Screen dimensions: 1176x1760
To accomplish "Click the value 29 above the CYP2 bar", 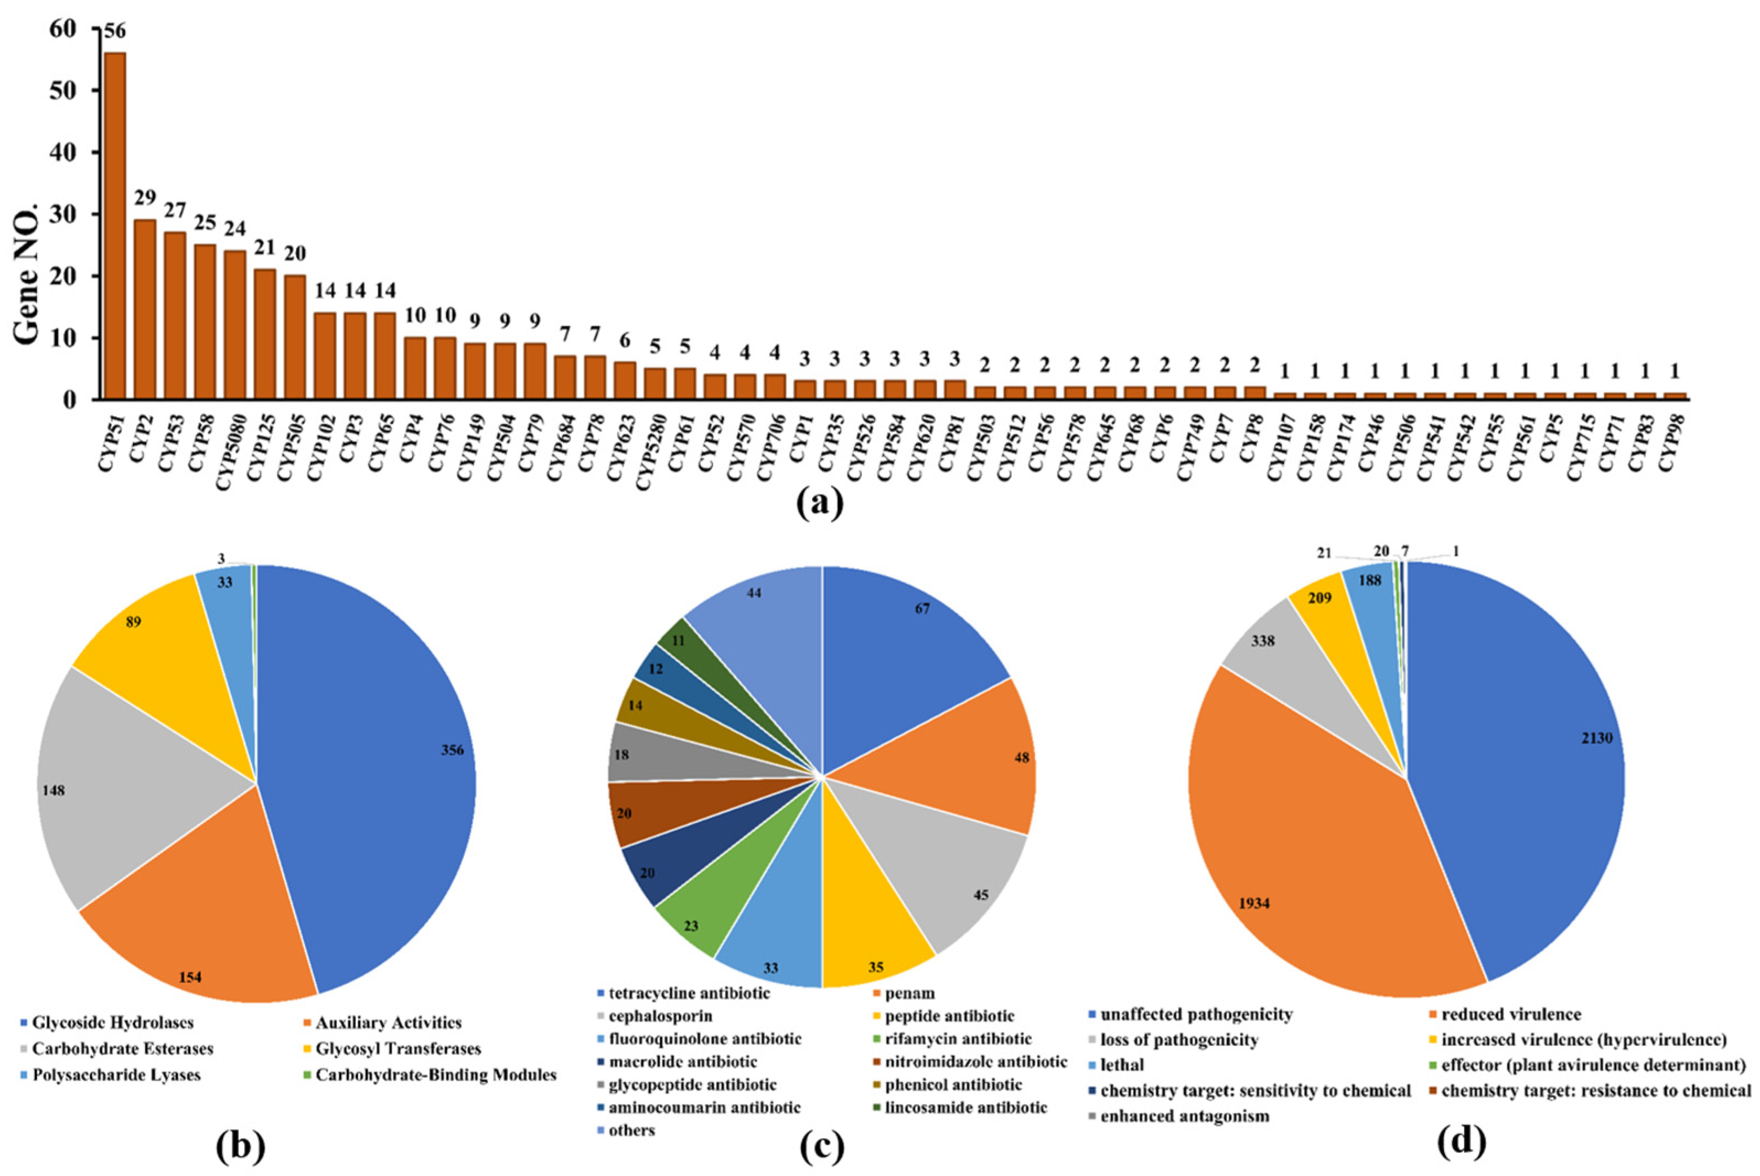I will pos(145,197).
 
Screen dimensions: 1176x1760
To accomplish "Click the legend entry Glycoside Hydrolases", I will pos(112,1023).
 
